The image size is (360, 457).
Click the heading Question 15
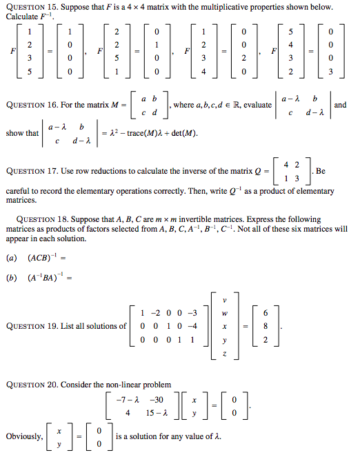click(x=31, y=6)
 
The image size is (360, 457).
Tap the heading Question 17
click(x=31, y=171)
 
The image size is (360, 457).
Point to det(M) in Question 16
click(x=181, y=133)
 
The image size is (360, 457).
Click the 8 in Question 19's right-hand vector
click(x=264, y=326)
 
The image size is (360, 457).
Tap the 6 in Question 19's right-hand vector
click(x=264, y=312)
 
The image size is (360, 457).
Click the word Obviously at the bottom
click(x=22, y=437)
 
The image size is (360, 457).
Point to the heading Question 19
click(x=31, y=326)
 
